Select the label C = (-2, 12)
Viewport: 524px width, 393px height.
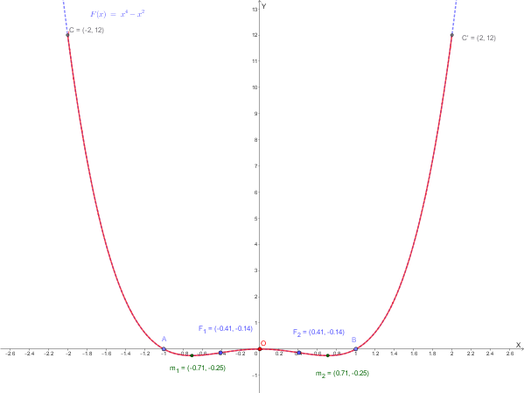(87, 31)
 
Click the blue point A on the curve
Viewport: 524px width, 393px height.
(164, 349)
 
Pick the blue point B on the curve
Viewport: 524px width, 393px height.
(355, 349)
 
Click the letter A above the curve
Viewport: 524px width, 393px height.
(164, 339)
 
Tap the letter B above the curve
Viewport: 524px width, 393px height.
(354, 340)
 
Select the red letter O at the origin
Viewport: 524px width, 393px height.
(262, 343)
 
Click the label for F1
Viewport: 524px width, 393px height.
(226, 328)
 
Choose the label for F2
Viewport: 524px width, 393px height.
(318, 332)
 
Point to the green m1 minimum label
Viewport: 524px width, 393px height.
(198, 368)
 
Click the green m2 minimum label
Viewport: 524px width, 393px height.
(342, 373)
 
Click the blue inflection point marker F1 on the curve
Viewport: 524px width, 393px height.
(220, 353)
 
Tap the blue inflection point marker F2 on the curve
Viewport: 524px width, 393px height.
(298, 353)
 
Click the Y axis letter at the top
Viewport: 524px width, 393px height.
(263, 6)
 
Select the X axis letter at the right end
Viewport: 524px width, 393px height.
(518, 345)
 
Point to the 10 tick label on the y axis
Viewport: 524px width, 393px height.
(254, 87)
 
